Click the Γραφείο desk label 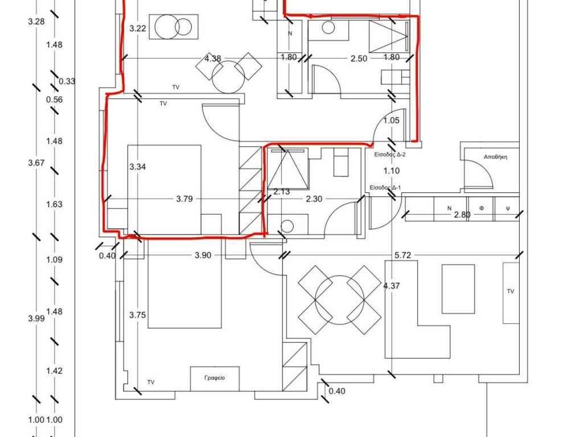click(x=215, y=378)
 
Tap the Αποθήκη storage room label click(x=495, y=157)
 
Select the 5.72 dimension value click(x=403, y=255)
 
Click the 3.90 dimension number click(x=203, y=255)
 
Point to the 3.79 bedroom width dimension click(x=184, y=199)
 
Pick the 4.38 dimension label click(x=213, y=59)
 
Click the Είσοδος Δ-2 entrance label click(x=389, y=155)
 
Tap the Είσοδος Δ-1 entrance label click(x=385, y=188)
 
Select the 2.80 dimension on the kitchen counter click(x=462, y=215)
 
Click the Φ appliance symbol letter click(x=482, y=208)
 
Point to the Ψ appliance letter click(x=508, y=208)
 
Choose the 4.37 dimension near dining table click(x=392, y=286)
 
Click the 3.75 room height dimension click(x=138, y=315)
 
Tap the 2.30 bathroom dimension click(x=314, y=199)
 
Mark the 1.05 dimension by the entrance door click(x=391, y=121)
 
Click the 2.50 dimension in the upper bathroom click(x=359, y=59)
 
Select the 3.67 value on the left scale click(x=36, y=163)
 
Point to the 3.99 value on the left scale click(x=36, y=319)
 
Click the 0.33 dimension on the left click(x=67, y=81)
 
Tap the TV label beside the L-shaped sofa click(x=510, y=291)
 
